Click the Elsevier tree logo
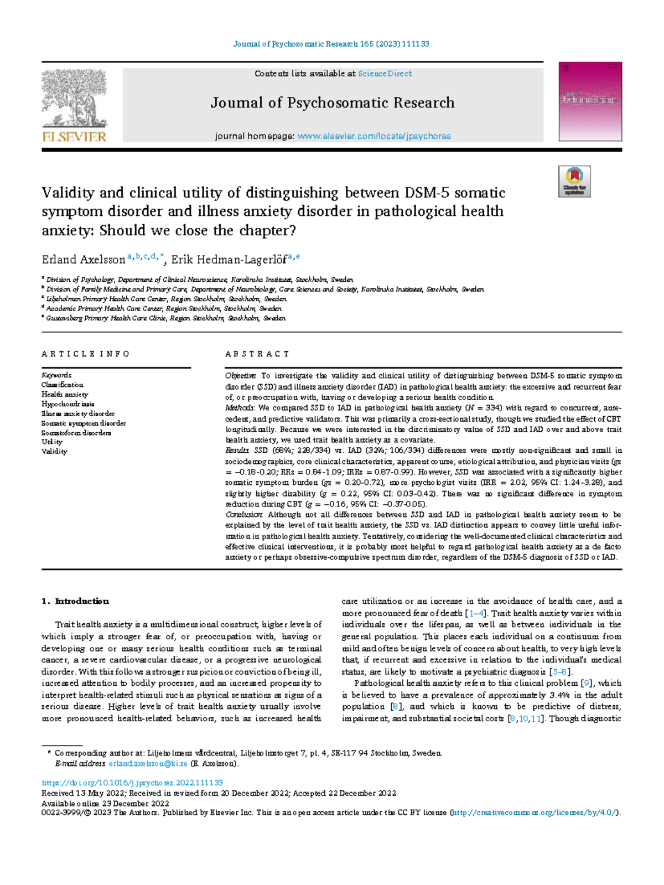(74, 100)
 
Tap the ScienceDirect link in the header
(385, 74)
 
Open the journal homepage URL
(374, 136)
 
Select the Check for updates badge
(574, 181)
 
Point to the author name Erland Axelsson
(84, 260)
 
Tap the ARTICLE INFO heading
(86, 354)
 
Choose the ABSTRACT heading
(257, 354)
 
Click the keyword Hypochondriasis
(68, 404)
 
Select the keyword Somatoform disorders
(76, 433)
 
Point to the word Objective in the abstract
(241, 376)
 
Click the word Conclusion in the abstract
(244, 515)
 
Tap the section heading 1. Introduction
(75, 602)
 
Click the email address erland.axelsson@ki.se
(148, 764)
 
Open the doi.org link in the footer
(132, 783)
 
